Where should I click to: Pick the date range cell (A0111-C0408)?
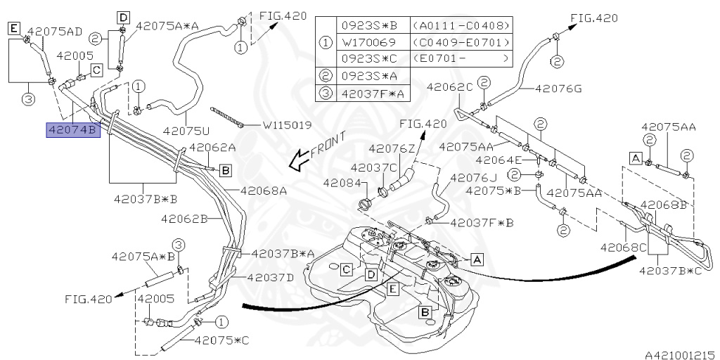pyautogui.click(x=461, y=25)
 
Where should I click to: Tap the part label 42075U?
pyautogui.click(x=186, y=130)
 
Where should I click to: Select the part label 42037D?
pyautogui.click(x=271, y=276)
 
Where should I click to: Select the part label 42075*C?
pyautogui.click(x=222, y=340)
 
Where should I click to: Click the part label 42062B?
pyautogui.click(x=184, y=219)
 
